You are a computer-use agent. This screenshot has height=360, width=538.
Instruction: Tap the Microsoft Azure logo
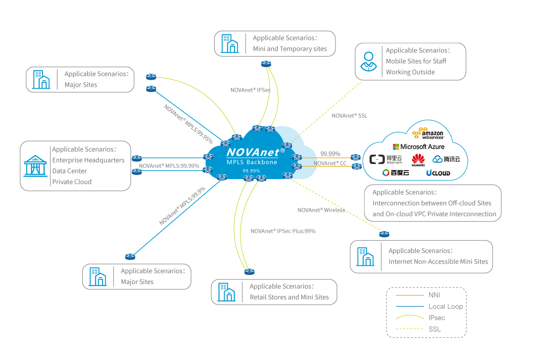pyautogui.click(x=418, y=147)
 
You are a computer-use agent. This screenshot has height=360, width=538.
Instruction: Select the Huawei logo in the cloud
pyautogui.click(x=418, y=160)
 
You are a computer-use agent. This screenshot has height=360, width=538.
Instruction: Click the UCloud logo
pyautogui.click(x=438, y=173)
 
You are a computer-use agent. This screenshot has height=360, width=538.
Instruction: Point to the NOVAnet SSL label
pyautogui.click(x=349, y=116)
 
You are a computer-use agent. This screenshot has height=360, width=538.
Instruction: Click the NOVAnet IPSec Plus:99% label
pyautogui.click(x=283, y=231)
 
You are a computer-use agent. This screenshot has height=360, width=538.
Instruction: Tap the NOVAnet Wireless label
pyautogui.click(x=321, y=210)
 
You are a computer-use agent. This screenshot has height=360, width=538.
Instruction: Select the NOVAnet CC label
pyautogui.click(x=330, y=163)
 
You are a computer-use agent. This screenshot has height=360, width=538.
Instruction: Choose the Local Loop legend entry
pyautogui.click(x=445, y=306)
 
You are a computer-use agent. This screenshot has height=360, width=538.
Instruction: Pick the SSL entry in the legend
pyautogui.click(x=434, y=329)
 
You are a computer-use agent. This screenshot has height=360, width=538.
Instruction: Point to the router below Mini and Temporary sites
pyautogui.click(x=266, y=64)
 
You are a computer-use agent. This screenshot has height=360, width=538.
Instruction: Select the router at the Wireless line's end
pyautogui.click(x=384, y=234)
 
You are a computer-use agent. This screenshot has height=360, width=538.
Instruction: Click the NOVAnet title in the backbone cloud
pyautogui.click(x=253, y=152)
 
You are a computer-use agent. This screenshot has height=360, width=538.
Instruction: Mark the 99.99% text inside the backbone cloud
pyautogui.click(x=251, y=171)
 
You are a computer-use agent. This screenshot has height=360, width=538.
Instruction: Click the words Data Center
pyautogui.click(x=70, y=171)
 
